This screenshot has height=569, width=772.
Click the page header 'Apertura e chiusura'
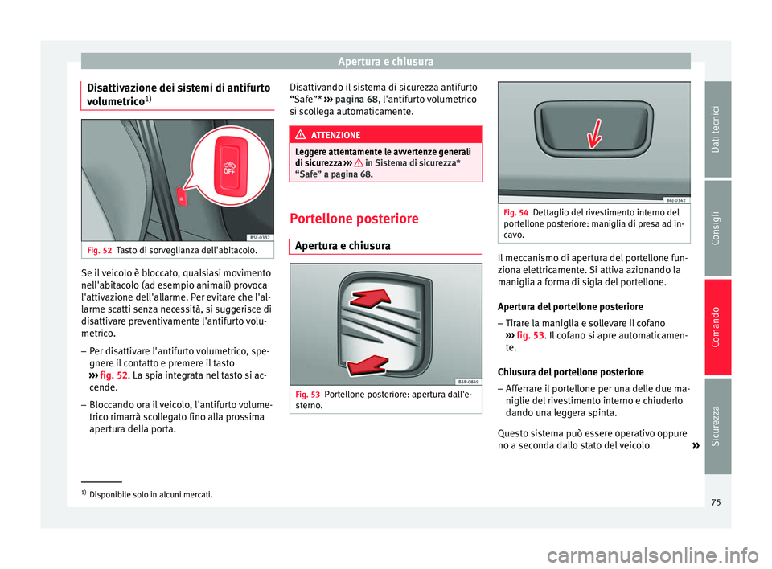385,60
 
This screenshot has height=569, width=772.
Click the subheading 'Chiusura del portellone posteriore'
570,372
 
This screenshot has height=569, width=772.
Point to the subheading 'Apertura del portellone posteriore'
570,306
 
